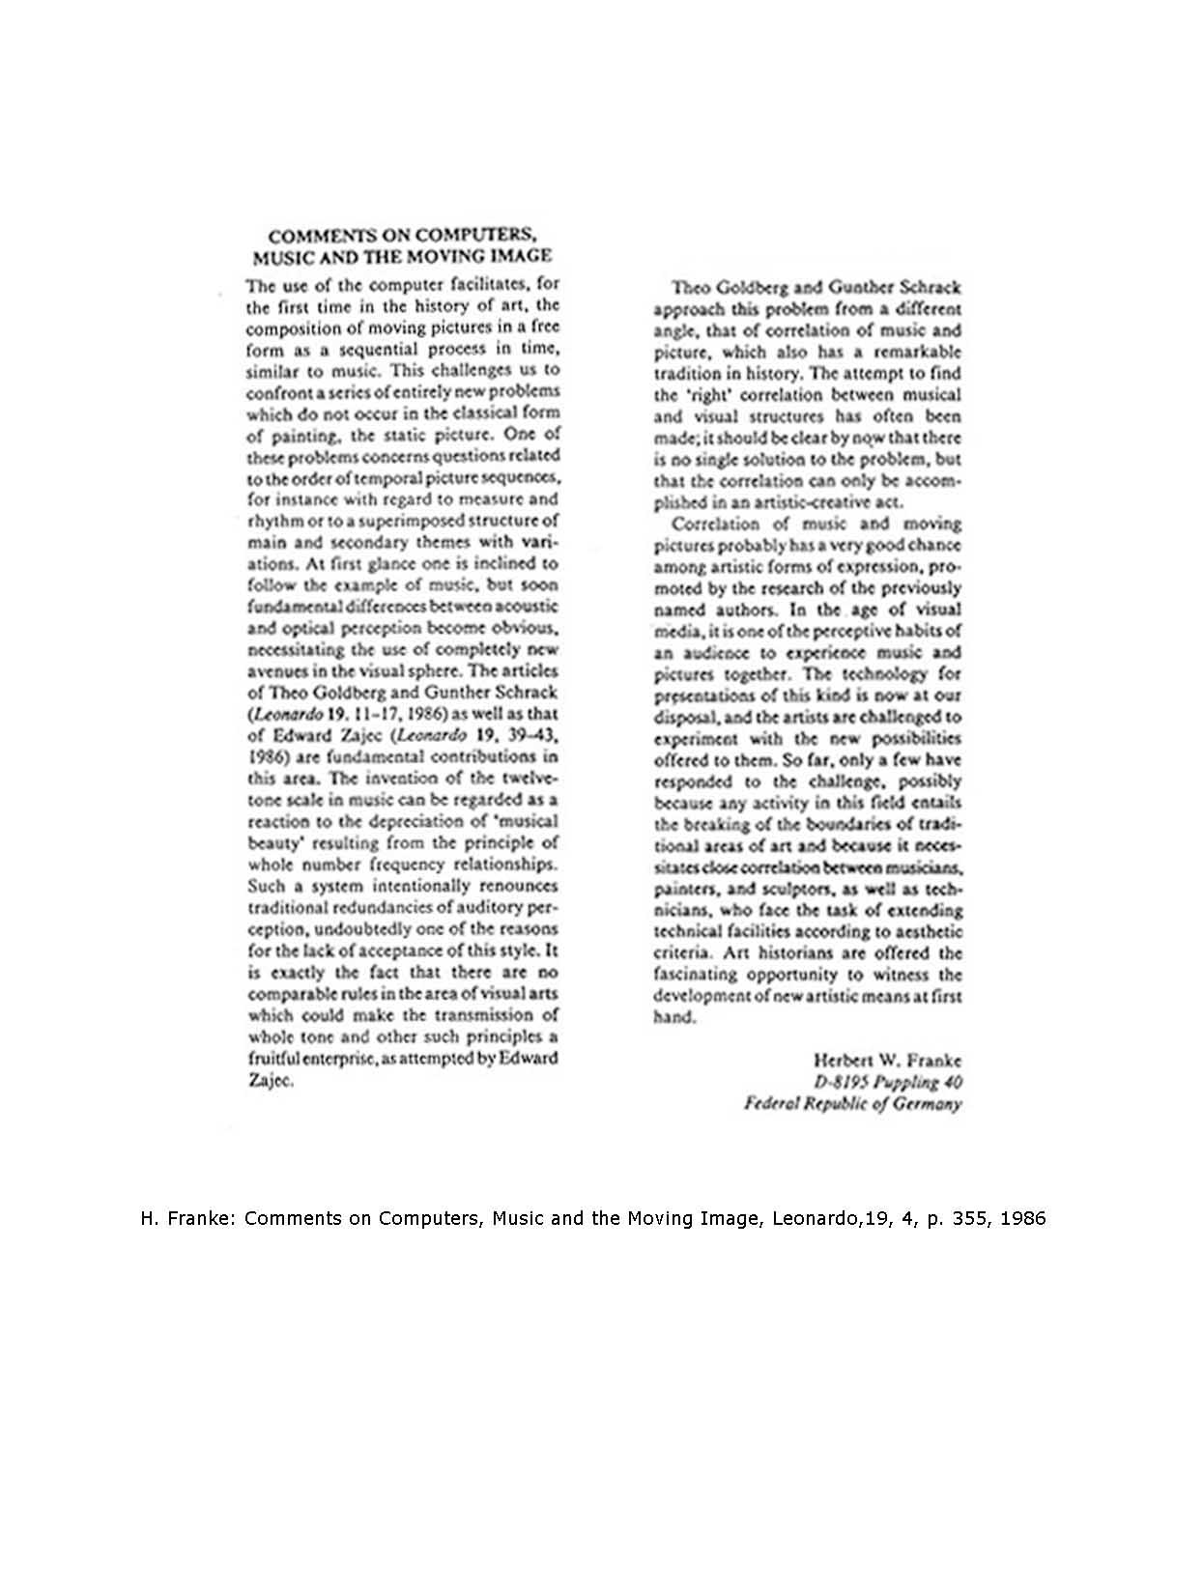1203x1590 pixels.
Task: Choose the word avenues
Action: tap(276, 671)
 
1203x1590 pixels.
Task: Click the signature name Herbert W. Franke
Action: tap(887, 1060)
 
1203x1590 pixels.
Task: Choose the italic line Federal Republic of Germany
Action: tap(852, 1103)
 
